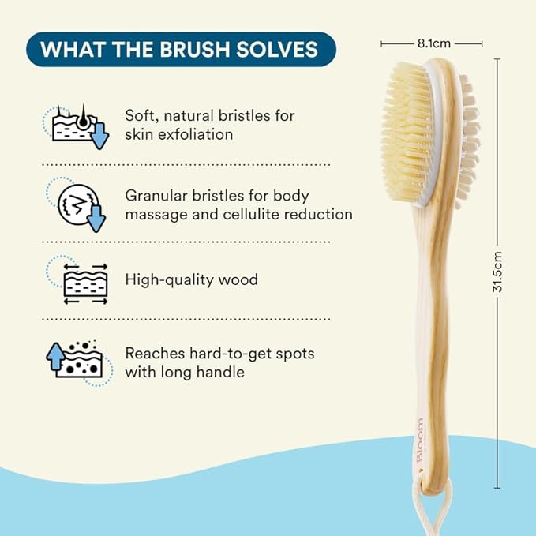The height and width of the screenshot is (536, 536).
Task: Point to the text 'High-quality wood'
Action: point(191,279)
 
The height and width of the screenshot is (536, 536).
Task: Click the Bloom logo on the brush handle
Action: point(419,439)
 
